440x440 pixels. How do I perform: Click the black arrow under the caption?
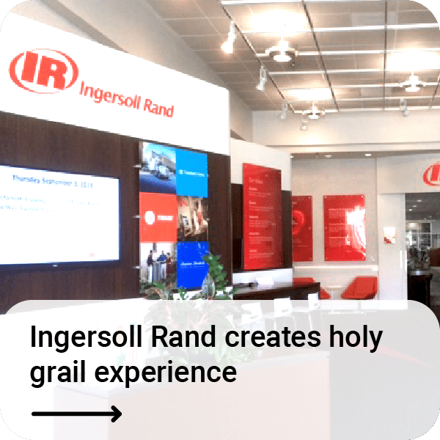(x=76, y=414)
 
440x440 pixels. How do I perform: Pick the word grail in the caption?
(x=57, y=373)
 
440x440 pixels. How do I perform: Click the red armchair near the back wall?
(x=359, y=286)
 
